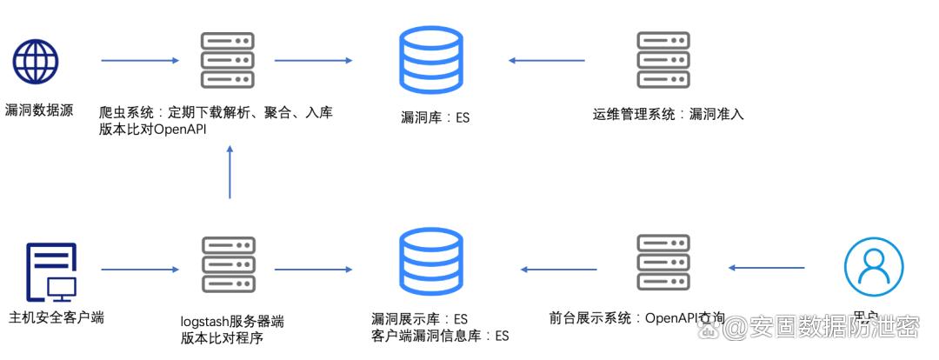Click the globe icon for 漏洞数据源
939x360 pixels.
click(36, 60)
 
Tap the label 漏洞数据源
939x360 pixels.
click(38, 110)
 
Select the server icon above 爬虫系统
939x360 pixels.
click(227, 60)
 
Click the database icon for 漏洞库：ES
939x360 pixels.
click(430, 60)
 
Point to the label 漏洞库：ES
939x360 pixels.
click(435, 117)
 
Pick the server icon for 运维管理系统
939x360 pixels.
click(663, 60)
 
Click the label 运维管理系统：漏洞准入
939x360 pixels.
click(669, 114)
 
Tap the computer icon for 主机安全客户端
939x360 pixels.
click(50, 270)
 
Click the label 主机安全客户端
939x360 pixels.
click(56, 317)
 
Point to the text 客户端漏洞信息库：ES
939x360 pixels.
click(439, 336)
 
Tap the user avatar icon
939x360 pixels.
click(873, 267)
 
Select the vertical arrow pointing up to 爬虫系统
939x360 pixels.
click(230, 171)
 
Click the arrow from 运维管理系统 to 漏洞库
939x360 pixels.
click(547, 61)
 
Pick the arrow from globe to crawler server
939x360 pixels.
click(140, 61)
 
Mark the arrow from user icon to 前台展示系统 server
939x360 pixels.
click(766, 268)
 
